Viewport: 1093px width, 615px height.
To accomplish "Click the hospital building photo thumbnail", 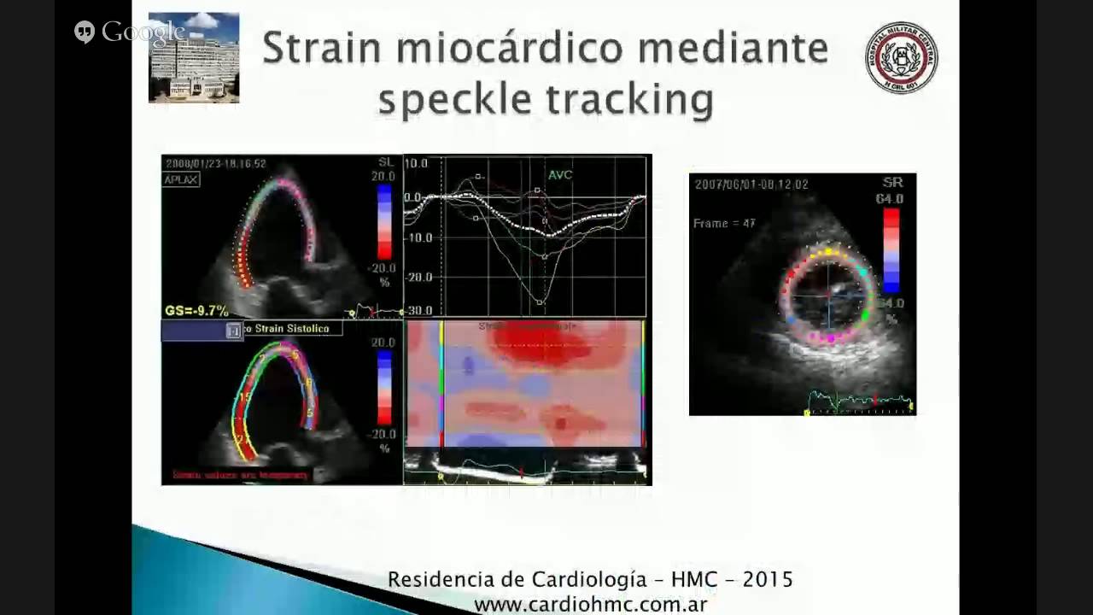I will [x=194, y=57].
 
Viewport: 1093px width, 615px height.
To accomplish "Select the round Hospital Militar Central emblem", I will [x=901, y=57].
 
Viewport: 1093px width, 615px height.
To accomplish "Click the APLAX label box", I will [x=182, y=180].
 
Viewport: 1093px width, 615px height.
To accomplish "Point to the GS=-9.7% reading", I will [x=196, y=311].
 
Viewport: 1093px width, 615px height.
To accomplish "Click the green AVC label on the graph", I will [x=560, y=175].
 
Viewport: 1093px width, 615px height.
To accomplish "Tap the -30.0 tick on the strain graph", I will [x=418, y=311].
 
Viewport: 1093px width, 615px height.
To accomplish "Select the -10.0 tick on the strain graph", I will [x=418, y=237].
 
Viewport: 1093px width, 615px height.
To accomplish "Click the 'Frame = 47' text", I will [x=724, y=224].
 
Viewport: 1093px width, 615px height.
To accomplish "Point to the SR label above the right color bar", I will [x=892, y=184].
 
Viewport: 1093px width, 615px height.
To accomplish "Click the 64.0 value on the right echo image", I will [x=889, y=199].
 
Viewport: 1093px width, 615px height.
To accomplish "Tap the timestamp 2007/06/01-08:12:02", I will [x=751, y=184].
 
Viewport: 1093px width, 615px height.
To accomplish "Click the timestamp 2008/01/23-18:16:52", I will [x=216, y=164].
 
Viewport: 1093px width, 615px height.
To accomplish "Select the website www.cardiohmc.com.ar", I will [x=590, y=605].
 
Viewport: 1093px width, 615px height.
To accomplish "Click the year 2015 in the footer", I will [x=768, y=580].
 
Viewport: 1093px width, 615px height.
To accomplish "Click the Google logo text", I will [x=143, y=32].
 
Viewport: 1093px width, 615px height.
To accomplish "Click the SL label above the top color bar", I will [x=386, y=162].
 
